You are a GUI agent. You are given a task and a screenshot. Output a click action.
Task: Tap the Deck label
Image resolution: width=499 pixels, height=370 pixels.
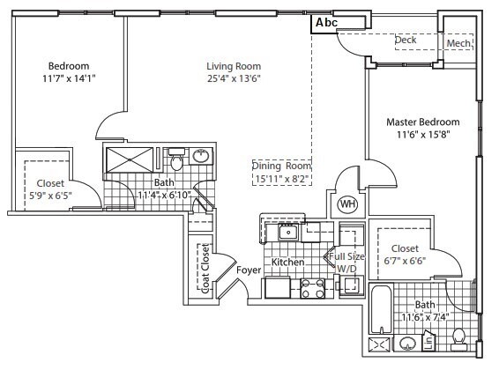(406, 41)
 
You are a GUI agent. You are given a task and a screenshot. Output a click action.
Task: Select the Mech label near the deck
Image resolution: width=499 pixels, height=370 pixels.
(458, 43)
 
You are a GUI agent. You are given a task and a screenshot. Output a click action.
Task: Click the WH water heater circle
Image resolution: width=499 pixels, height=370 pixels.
(347, 205)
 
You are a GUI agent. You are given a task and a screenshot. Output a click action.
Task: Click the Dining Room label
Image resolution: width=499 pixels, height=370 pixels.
(282, 166)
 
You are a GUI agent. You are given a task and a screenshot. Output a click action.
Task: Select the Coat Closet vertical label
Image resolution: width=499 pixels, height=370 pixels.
(205, 268)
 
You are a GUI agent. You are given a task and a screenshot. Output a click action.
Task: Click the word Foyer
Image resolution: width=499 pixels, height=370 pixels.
(249, 270)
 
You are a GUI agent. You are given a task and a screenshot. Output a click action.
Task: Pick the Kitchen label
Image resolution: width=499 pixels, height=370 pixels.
(287, 263)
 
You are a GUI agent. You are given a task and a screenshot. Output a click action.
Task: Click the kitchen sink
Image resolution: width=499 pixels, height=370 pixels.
(287, 233)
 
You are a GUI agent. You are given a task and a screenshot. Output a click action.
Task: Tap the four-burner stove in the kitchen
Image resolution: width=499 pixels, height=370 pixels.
(313, 288)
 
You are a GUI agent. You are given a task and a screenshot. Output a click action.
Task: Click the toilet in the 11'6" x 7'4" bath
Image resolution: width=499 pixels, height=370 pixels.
(458, 337)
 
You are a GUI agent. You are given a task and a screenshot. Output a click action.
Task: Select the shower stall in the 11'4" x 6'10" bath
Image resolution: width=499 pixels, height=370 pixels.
(130, 163)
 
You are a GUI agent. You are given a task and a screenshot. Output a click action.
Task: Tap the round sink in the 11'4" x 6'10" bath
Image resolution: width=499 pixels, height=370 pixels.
(201, 157)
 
